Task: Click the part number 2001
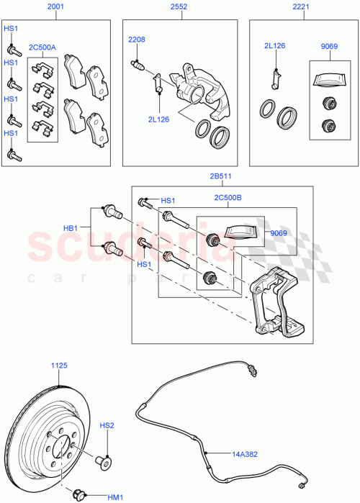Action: coord(55,8)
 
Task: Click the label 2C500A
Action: coord(42,48)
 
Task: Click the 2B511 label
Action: coord(222,175)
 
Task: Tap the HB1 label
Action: coord(71,228)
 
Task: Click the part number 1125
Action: coord(58,366)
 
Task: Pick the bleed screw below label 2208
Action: coord(139,68)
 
